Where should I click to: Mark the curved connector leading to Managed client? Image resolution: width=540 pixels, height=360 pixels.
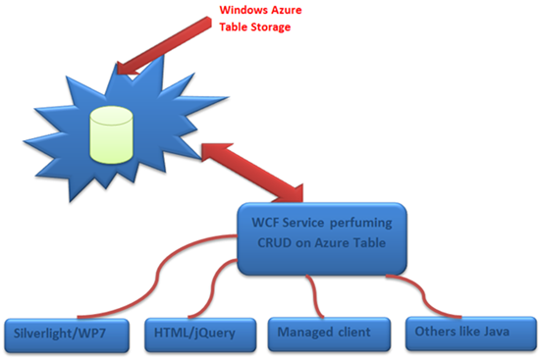(x=312, y=294)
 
